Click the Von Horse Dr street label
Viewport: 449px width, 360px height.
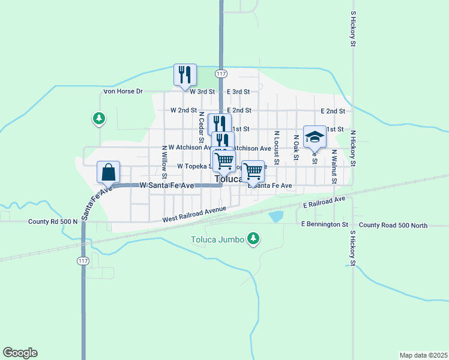123,92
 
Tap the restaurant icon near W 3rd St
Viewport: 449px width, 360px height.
185,74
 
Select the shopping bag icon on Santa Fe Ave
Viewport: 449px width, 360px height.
108,172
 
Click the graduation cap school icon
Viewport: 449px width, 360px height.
314,137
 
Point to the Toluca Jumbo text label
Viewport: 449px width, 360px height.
217,239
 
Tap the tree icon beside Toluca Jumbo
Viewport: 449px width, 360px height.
254,239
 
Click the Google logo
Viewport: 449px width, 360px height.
20,353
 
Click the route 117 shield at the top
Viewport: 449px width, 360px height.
221,73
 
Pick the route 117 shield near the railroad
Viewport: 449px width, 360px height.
83,260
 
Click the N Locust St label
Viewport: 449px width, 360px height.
276,148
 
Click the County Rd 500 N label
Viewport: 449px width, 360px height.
53,221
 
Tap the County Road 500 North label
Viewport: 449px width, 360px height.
394,225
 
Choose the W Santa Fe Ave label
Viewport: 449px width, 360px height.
166,186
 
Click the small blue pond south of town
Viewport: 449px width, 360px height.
276,217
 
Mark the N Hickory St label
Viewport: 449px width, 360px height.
353,148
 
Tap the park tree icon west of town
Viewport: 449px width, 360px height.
98,119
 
